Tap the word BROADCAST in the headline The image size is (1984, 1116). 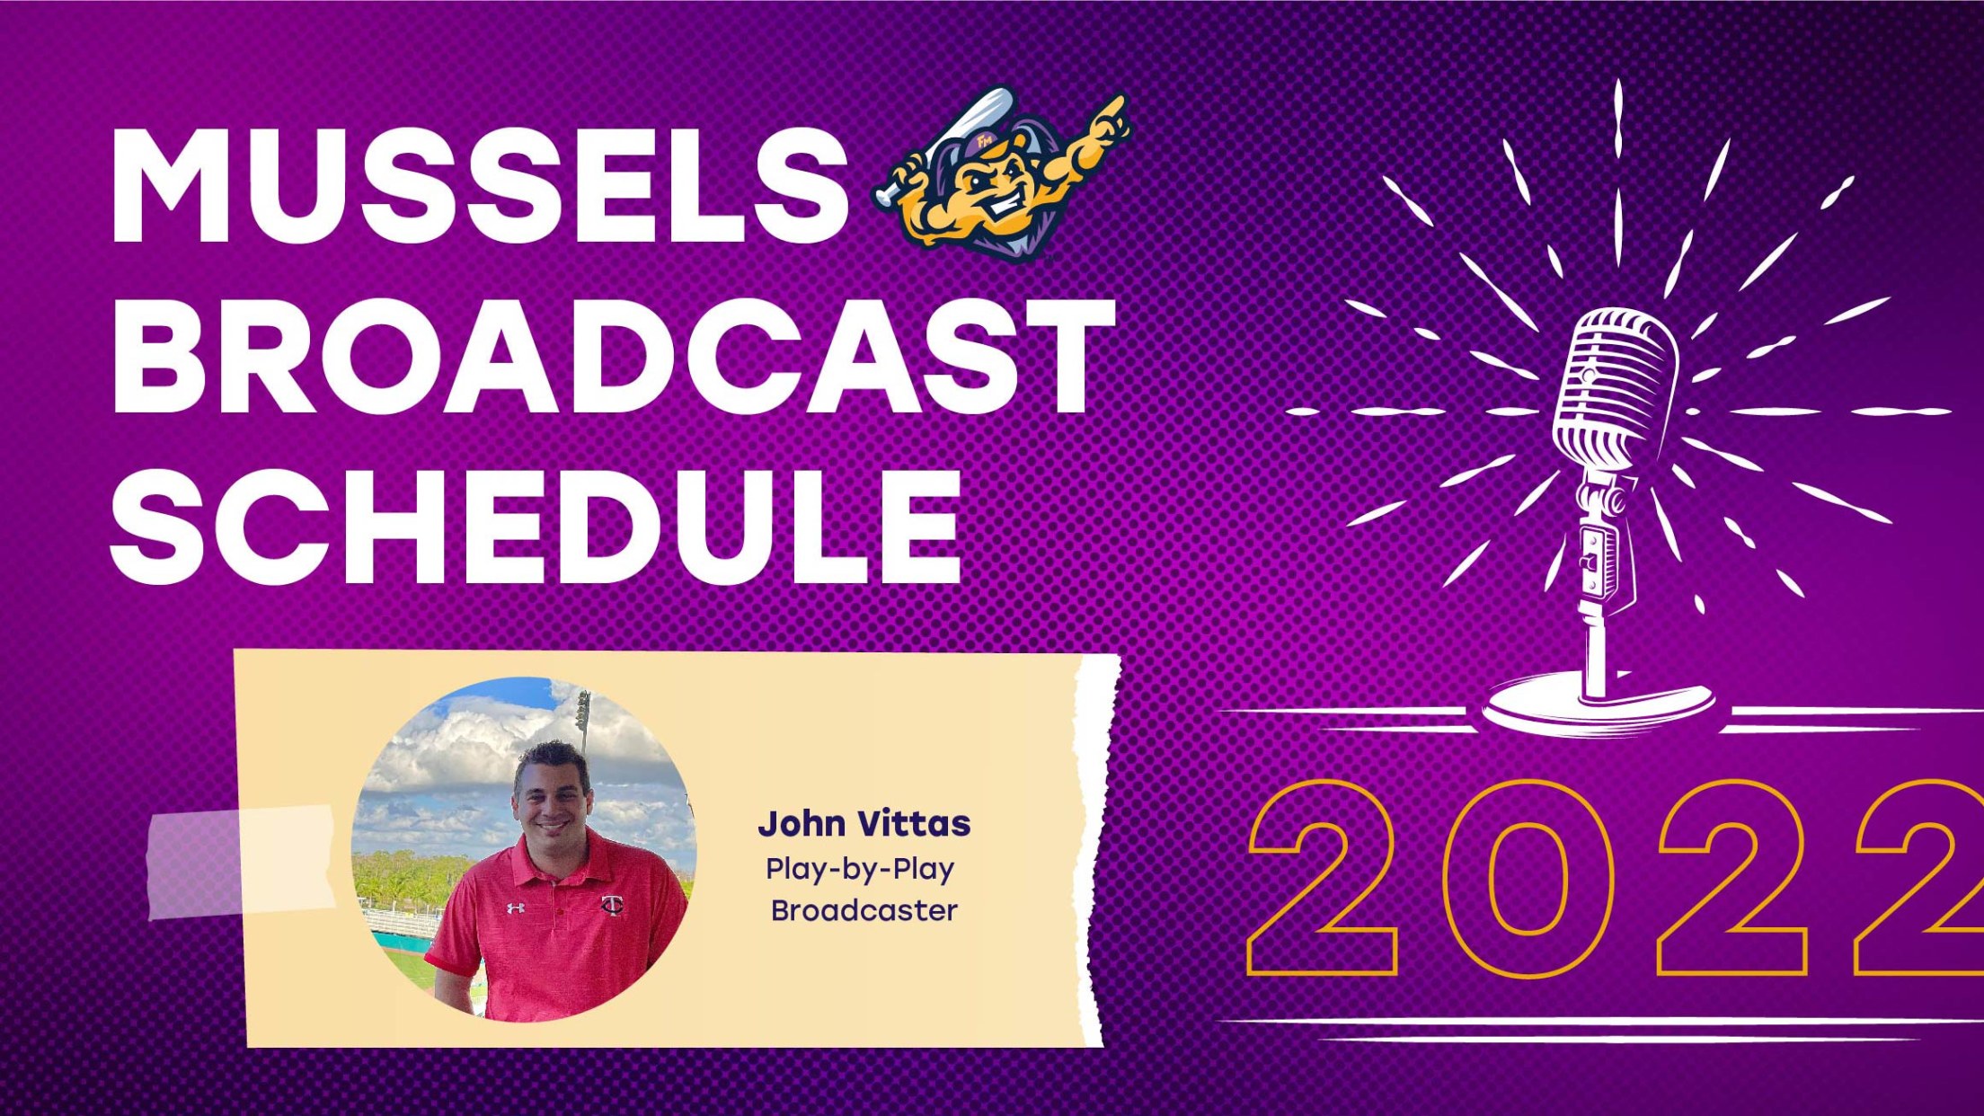click(611, 357)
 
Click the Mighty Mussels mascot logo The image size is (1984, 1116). click(1002, 175)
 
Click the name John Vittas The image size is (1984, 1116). click(864, 823)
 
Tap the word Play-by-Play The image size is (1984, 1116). click(859, 869)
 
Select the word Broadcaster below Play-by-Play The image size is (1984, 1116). click(864, 910)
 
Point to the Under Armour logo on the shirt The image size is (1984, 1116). click(515, 908)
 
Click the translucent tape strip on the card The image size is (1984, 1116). click(241, 862)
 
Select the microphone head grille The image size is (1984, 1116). click(1616, 377)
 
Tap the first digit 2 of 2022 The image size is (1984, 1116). click(1324, 878)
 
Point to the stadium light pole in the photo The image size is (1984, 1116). click(583, 719)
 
